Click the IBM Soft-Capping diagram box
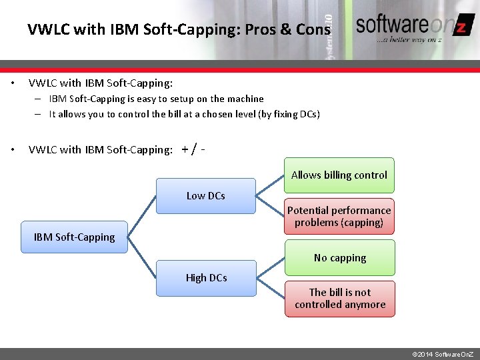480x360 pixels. click(74, 237)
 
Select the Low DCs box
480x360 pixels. click(205, 196)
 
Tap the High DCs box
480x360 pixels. click(206, 278)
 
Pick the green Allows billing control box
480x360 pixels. click(339, 175)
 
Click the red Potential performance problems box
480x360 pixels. click(339, 216)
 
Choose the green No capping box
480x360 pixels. click(340, 258)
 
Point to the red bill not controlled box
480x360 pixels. click(340, 299)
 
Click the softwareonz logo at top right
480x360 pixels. click(413, 27)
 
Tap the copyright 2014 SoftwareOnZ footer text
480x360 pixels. click(443, 353)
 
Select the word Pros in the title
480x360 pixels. click(262, 30)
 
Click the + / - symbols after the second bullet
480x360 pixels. click(193, 149)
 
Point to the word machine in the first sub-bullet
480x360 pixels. click(247, 99)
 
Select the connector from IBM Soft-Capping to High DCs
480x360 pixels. click(141, 257)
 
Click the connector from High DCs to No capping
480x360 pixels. click(270, 268)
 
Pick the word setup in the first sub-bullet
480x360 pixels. click(182, 99)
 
